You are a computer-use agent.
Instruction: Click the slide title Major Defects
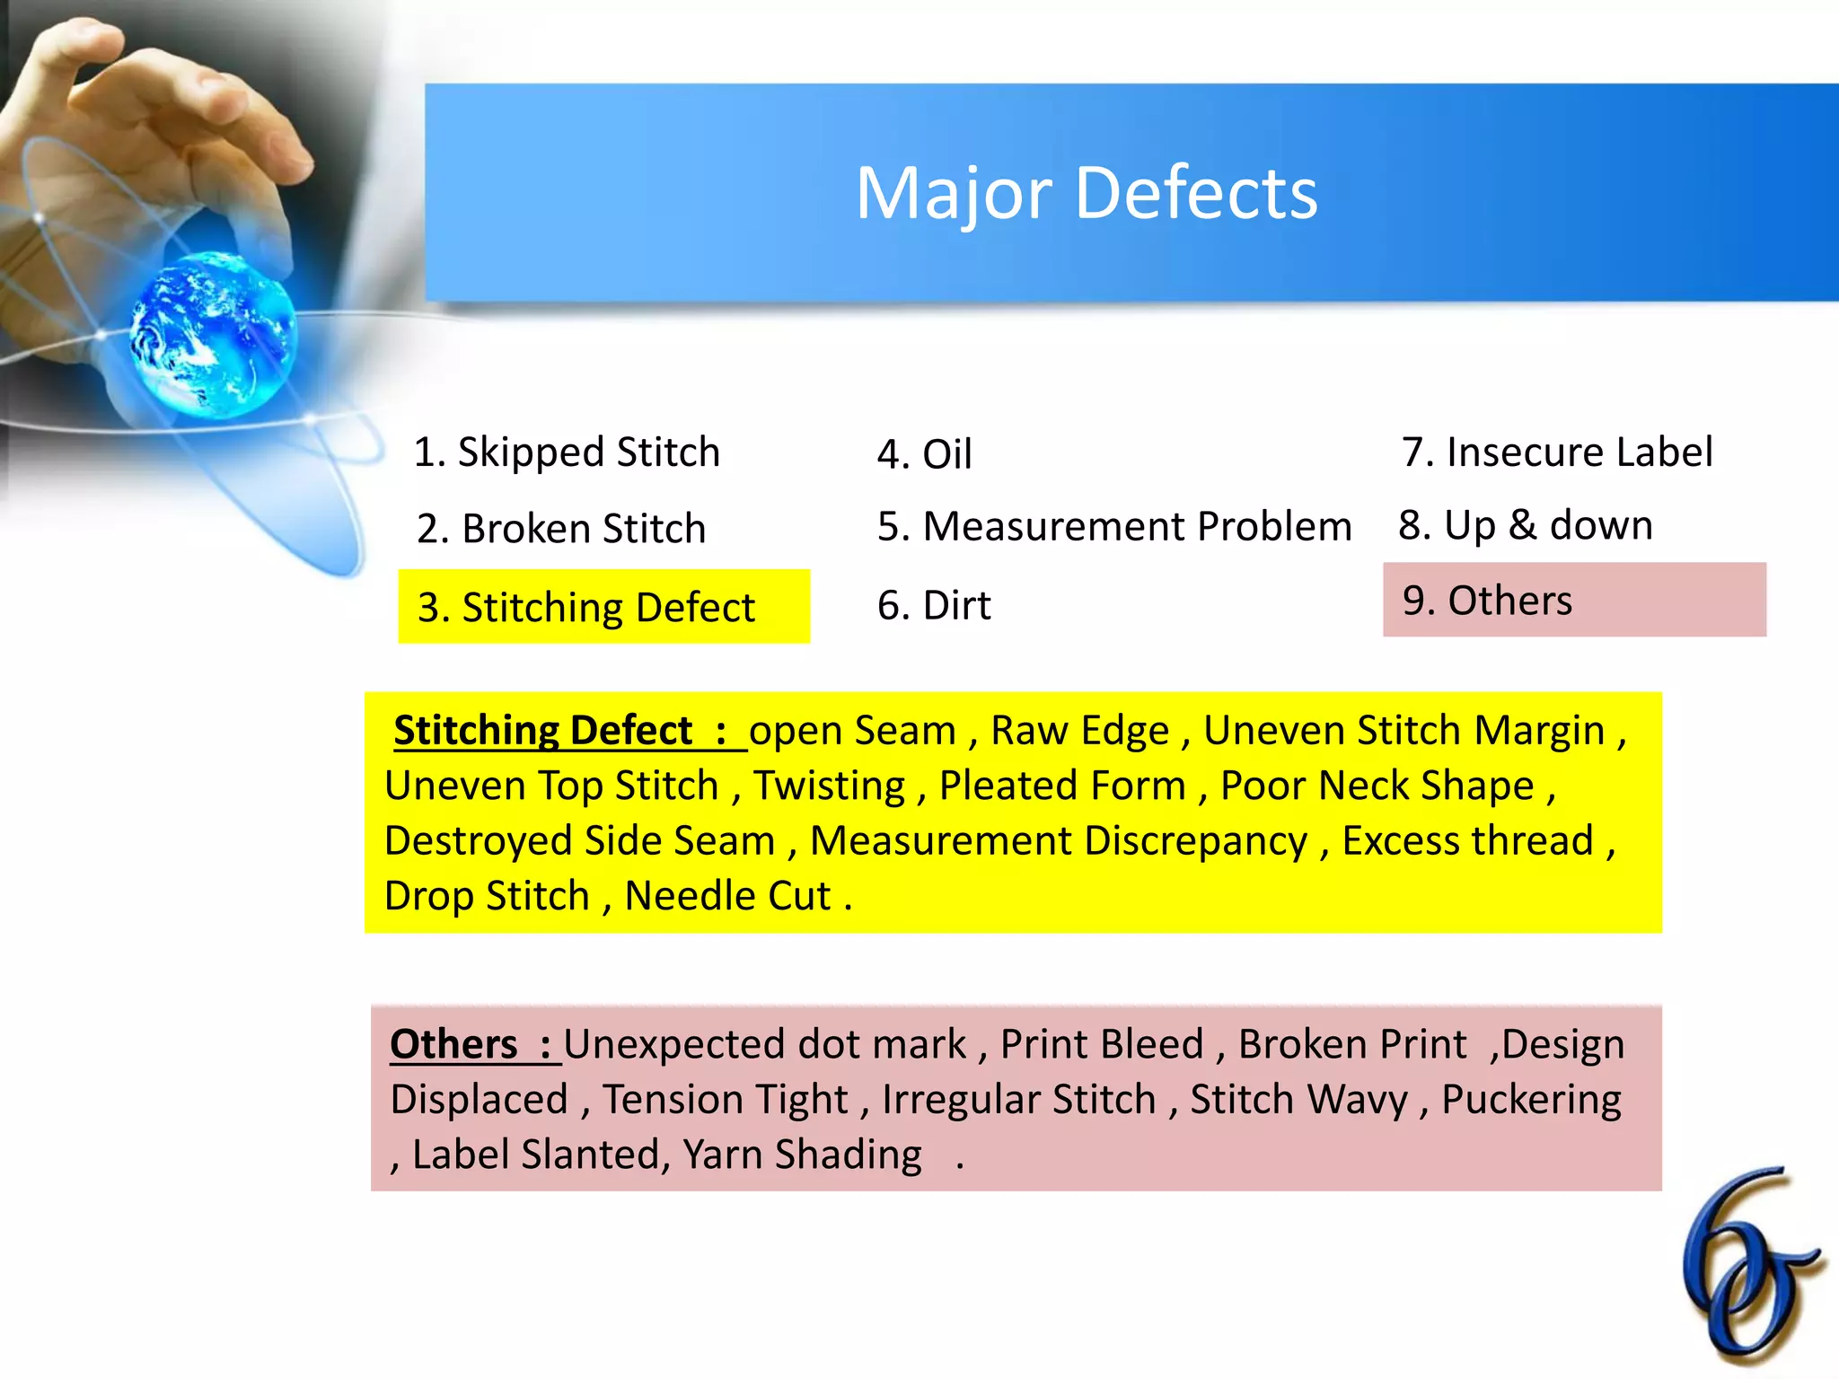(x=1087, y=193)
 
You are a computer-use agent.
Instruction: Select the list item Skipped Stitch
(x=568, y=452)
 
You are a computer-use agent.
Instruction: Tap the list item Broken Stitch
(x=562, y=528)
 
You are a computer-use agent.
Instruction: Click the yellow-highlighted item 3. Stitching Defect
(x=587, y=607)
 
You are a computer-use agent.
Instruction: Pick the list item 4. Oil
(x=925, y=454)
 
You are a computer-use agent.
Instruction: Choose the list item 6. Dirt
(x=934, y=605)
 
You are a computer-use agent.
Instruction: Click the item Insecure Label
(x=1558, y=452)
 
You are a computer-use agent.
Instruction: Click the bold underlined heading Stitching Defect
(x=544, y=730)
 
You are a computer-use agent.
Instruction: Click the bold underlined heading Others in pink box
(x=454, y=1044)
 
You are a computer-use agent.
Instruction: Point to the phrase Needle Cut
(x=727, y=896)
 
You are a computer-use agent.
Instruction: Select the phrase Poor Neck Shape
(x=1377, y=786)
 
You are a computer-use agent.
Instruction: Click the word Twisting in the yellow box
(x=829, y=786)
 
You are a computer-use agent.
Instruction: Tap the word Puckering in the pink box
(x=1531, y=1100)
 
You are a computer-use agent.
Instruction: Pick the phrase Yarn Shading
(x=802, y=1155)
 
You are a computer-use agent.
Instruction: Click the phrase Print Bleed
(x=1102, y=1044)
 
